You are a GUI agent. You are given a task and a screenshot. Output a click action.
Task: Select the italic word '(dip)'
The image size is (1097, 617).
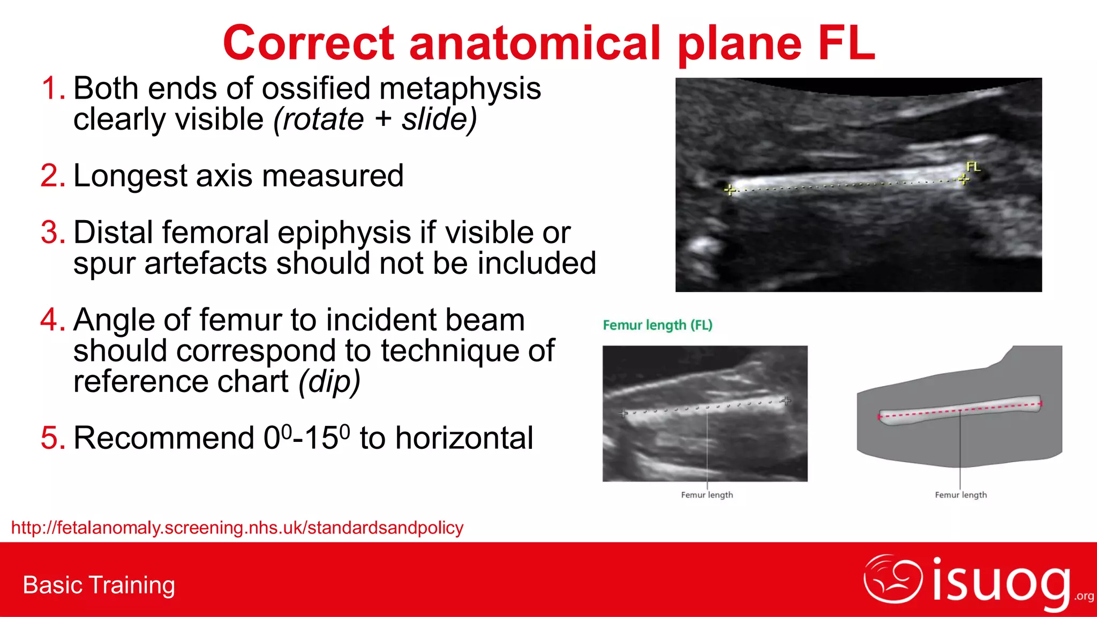pyautogui.click(x=329, y=382)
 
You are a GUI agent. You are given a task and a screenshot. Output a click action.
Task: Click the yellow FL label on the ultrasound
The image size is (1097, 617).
pyautogui.click(x=973, y=167)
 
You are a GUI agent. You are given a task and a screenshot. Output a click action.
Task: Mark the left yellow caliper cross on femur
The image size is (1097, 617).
pyautogui.click(x=730, y=190)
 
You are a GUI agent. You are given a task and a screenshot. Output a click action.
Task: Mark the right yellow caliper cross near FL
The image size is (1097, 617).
pyautogui.click(x=964, y=179)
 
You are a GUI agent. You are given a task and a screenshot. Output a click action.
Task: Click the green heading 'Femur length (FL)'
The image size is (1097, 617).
pyautogui.click(x=657, y=325)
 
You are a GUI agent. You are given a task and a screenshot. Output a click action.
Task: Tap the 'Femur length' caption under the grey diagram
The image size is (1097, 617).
pyautogui.click(x=960, y=495)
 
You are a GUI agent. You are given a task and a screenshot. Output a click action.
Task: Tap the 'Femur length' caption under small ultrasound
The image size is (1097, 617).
pyautogui.click(x=707, y=495)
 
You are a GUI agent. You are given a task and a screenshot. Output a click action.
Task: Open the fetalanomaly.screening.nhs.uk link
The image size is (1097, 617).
pyautogui.click(x=237, y=528)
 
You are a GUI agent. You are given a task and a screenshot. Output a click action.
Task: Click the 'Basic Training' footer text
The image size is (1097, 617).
pyautogui.click(x=99, y=585)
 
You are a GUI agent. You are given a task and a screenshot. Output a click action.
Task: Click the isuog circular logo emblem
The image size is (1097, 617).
pyautogui.click(x=893, y=578)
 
